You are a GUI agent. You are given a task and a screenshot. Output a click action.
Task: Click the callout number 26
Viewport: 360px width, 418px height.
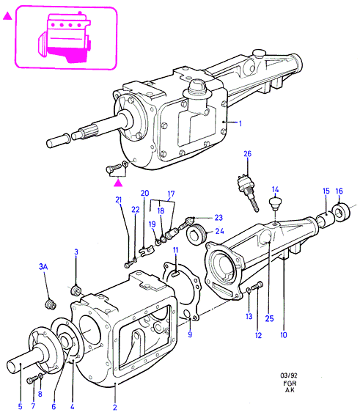pyautogui.click(x=247, y=154)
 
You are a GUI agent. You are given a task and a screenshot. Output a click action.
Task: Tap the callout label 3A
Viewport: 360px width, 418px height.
pyautogui.click(x=43, y=266)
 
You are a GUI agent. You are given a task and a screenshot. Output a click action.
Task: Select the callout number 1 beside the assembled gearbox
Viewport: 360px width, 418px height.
pyautogui.click(x=240, y=123)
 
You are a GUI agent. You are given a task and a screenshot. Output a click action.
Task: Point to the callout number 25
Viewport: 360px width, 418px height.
pyautogui.click(x=269, y=318)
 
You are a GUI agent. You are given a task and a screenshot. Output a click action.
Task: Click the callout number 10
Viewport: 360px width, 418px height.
pyautogui.click(x=284, y=335)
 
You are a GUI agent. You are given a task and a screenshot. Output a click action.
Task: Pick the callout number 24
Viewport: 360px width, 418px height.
pyautogui.click(x=219, y=231)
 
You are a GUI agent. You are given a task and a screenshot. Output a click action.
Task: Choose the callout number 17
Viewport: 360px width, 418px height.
pyautogui.click(x=171, y=194)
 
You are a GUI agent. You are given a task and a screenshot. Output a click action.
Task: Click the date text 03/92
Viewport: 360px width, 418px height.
pyautogui.click(x=289, y=375)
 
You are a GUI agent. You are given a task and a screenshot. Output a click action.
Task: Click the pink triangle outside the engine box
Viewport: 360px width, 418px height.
pyautogui.click(x=7, y=16)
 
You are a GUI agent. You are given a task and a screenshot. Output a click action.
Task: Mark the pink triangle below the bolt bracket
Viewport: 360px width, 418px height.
pyautogui.click(x=118, y=183)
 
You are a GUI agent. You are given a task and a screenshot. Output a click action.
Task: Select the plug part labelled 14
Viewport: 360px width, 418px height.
pyautogui.click(x=276, y=203)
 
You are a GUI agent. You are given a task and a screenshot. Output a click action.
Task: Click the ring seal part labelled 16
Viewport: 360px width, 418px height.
pyautogui.click(x=342, y=212)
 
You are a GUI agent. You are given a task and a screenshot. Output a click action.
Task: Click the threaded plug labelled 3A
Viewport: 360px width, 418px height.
pyautogui.click(x=50, y=304)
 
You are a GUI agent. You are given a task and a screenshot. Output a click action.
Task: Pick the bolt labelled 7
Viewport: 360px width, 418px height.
pyautogui.click(x=32, y=381)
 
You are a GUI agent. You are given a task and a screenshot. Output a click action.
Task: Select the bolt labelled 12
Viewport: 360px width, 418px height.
pyautogui.click(x=257, y=286)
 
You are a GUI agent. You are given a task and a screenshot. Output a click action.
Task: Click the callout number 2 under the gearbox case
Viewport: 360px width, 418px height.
pyautogui.click(x=115, y=407)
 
